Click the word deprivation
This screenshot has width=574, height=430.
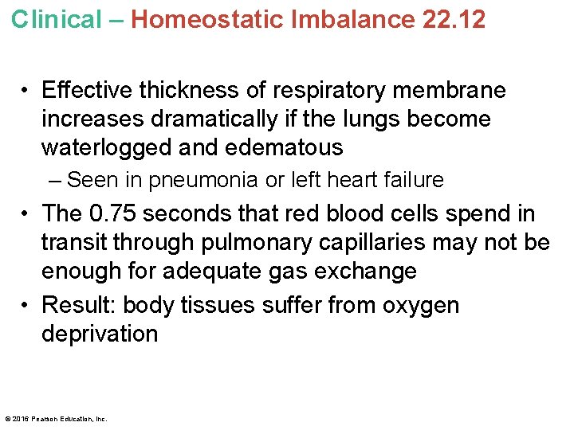click(x=100, y=334)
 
